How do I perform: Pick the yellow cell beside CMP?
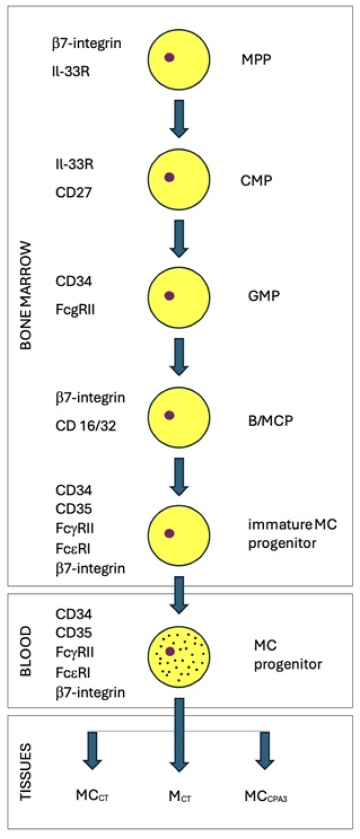tap(179, 179)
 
